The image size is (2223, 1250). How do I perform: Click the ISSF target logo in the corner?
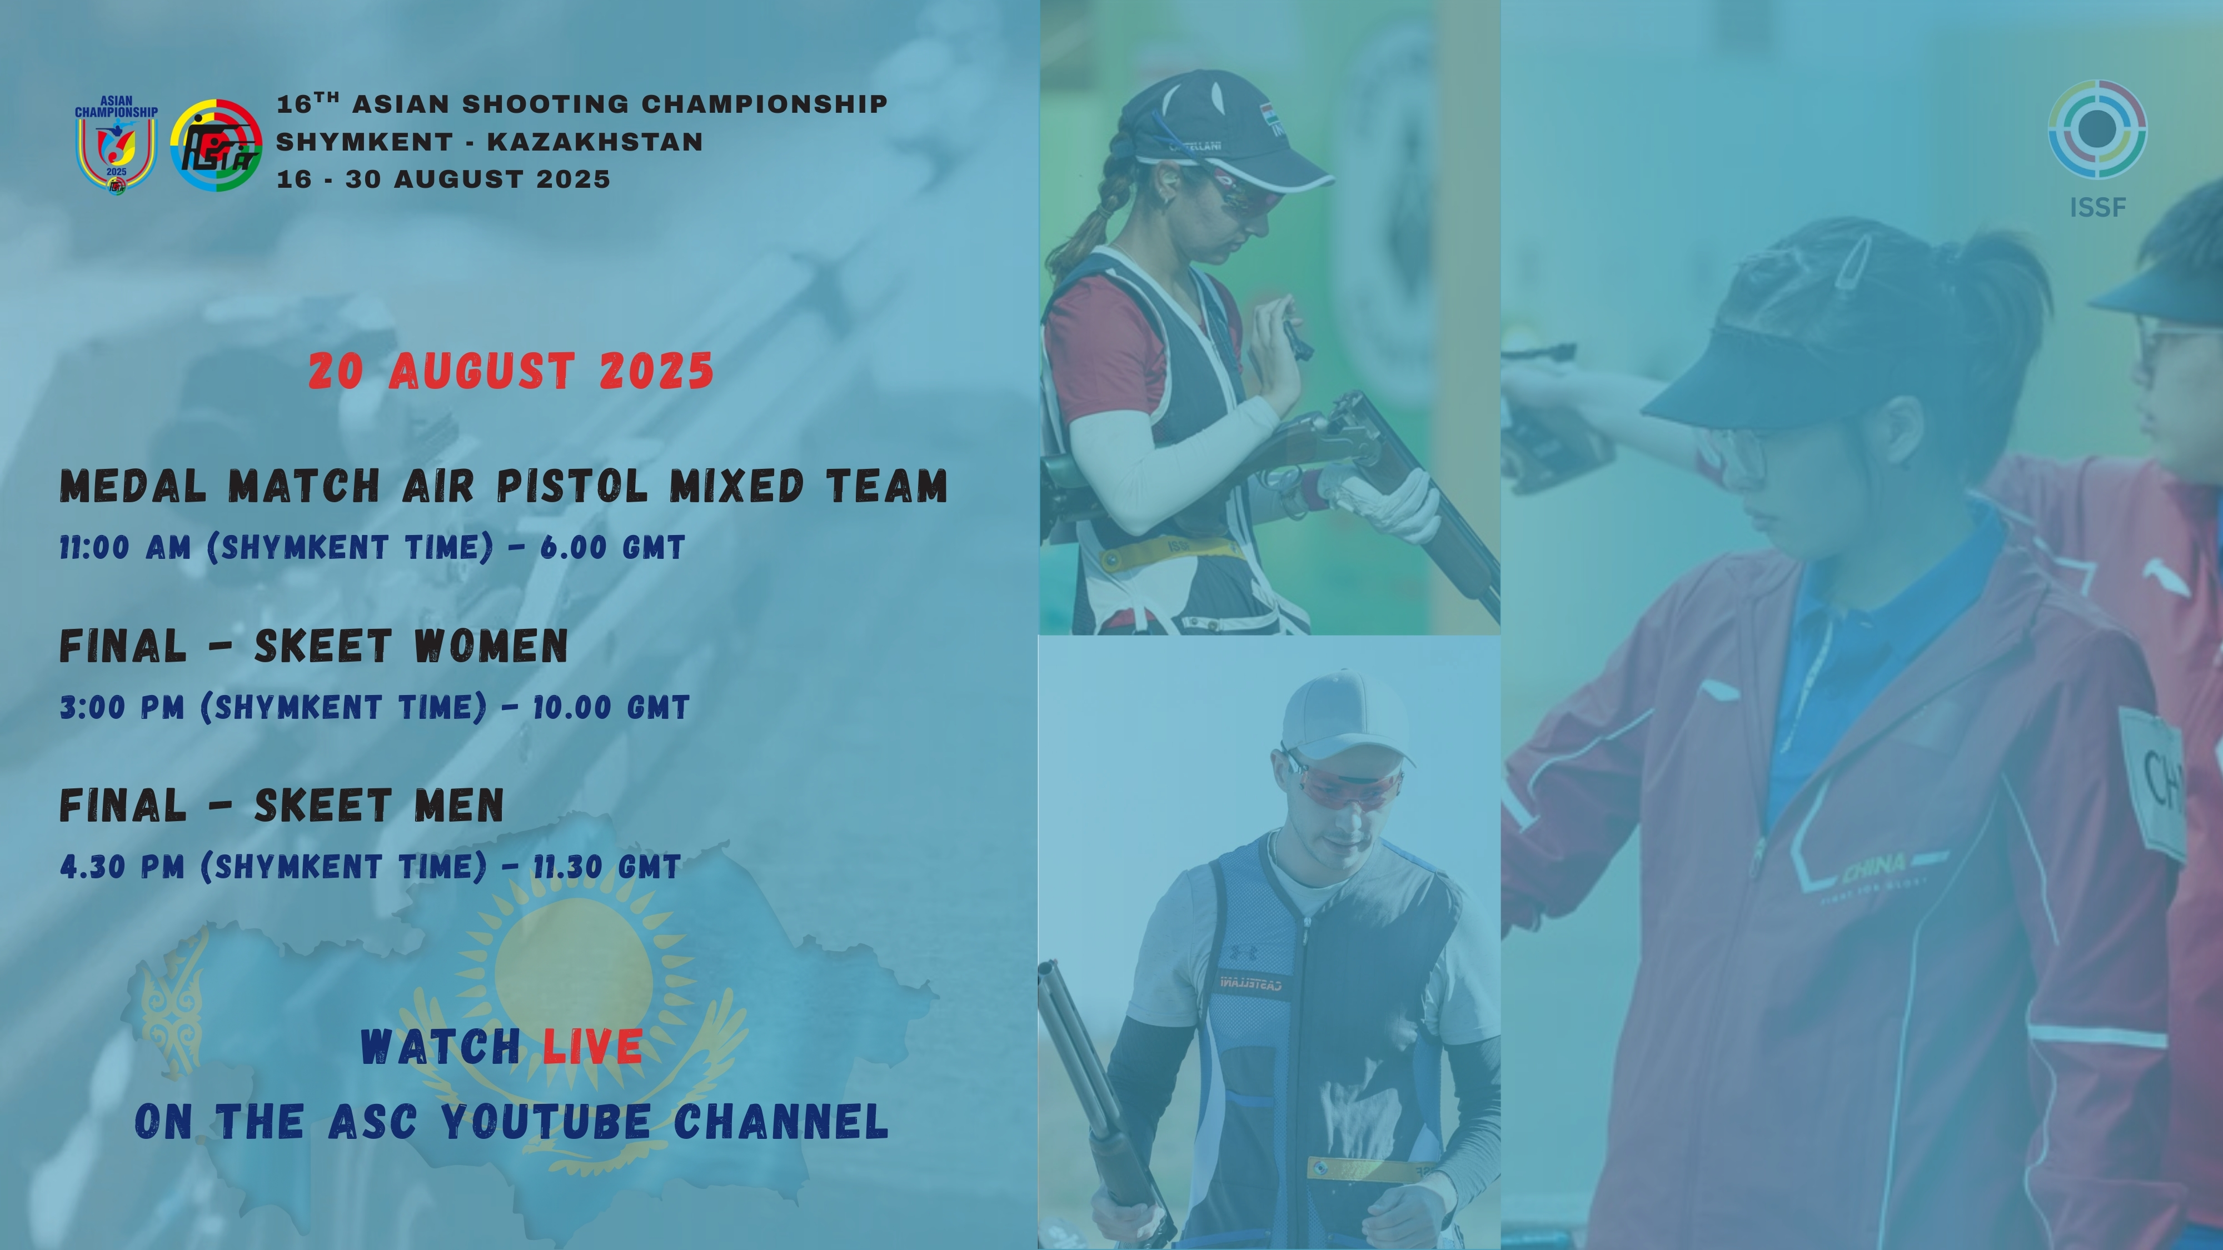click(x=2097, y=129)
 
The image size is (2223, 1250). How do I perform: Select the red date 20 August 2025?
click(x=511, y=371)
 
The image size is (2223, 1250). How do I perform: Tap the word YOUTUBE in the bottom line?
click(x=545, y=1122)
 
